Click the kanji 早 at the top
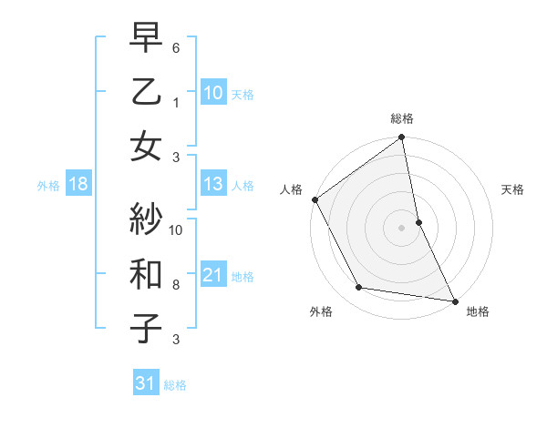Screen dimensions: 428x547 146,40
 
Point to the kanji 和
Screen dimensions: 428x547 146,273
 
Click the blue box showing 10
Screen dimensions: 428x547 212,92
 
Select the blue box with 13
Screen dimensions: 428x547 212,185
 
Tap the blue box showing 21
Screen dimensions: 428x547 212,275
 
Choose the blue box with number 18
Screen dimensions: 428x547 77,185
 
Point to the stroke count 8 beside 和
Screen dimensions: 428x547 177,284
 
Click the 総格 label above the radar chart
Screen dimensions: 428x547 402,118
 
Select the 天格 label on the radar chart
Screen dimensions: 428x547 513,189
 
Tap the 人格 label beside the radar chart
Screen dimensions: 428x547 291,189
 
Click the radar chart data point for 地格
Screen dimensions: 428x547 453,301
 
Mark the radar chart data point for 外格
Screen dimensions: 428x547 359,288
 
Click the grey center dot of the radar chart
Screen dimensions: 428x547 402,228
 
